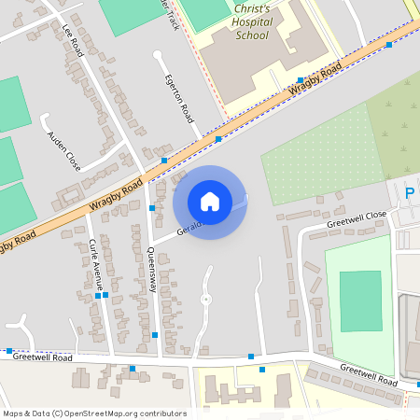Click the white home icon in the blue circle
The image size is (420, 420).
point(210,201)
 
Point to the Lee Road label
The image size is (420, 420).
point(73,41)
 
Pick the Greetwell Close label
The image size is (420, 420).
point(356,219)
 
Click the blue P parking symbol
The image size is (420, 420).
point(409,193)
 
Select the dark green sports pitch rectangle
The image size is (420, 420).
point(360,300)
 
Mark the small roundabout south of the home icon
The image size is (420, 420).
point(205,299)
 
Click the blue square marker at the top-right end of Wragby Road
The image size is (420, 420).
point(388,45)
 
